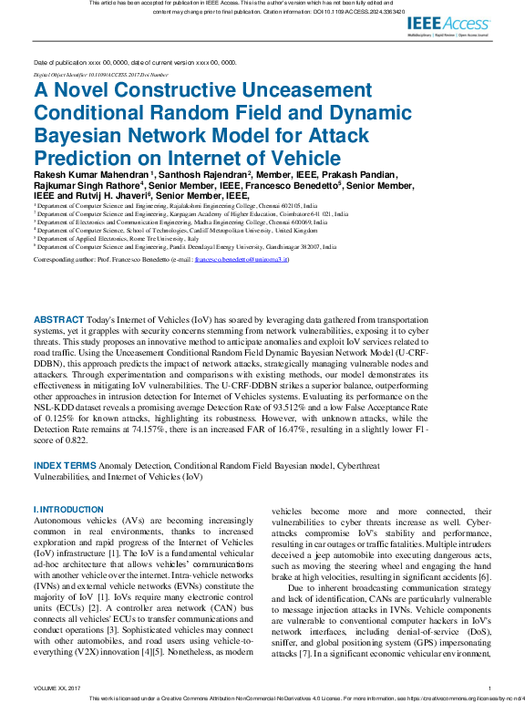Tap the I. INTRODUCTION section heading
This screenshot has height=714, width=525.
(68, 509)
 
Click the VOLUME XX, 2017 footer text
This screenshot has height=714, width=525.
(57, 688)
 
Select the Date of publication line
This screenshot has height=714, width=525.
(135, 62)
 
